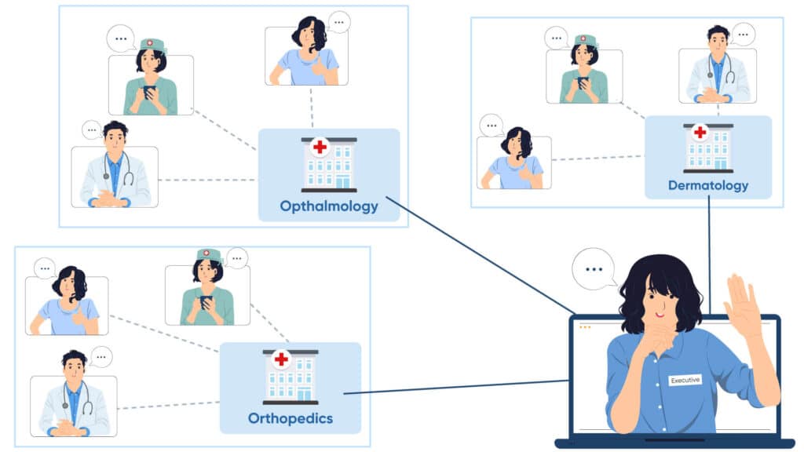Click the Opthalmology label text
(329, 207)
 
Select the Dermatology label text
(707, 186)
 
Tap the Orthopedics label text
(290, 418)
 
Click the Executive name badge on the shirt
(685, 380)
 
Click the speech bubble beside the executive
(594, 269)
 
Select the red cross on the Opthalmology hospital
(320, 147)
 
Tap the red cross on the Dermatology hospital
(700, 132)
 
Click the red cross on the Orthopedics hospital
(281, 359)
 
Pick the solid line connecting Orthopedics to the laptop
(455, 388)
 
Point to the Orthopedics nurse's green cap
(208, 254)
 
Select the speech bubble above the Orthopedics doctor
(100, 357)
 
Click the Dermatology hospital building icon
(707, 148)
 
